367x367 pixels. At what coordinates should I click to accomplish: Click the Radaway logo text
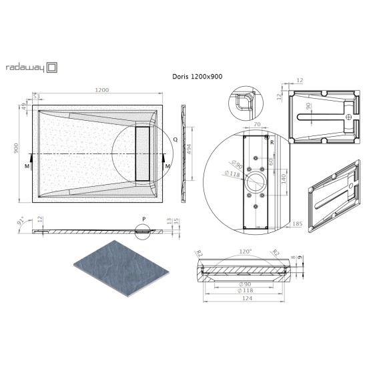click(23, 67)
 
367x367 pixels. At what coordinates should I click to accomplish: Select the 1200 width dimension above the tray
click(101, 90)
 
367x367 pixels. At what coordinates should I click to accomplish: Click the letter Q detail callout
click(175, 140)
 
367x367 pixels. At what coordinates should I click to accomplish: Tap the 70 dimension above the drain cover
click(257, 125)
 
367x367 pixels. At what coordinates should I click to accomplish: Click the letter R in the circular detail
click(272, 141)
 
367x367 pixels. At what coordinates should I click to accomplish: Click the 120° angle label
click(245, 252)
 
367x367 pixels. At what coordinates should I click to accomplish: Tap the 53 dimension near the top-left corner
click(38, 96)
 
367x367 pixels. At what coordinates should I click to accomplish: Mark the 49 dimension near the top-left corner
click(23, 105)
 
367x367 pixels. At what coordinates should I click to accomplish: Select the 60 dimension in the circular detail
click(270, 161)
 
